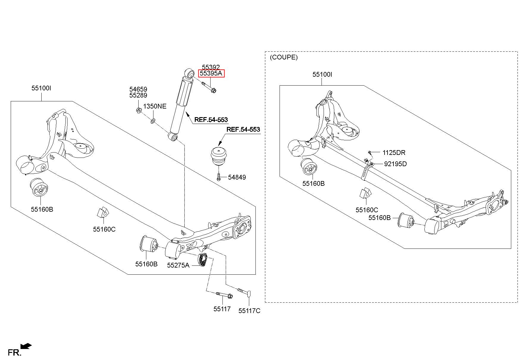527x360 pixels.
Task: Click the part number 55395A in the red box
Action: [211, 73]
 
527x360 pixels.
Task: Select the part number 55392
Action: [211, 67]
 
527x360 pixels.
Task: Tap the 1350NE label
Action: [155, 106]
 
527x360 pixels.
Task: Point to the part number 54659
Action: [138, 89]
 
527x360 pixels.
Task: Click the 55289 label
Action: [138, 95]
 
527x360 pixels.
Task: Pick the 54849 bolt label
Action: [237, 177]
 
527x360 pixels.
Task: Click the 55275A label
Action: [178, 265]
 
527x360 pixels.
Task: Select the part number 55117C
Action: [249, 311]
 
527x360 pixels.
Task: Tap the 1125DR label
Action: [394, 153]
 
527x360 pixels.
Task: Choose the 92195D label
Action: [395, 164]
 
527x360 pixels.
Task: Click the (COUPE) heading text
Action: [284, 57]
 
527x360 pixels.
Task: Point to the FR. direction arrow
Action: [26, 346]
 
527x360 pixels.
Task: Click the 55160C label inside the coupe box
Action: [367, 210]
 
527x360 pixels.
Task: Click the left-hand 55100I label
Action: [41, 88]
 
